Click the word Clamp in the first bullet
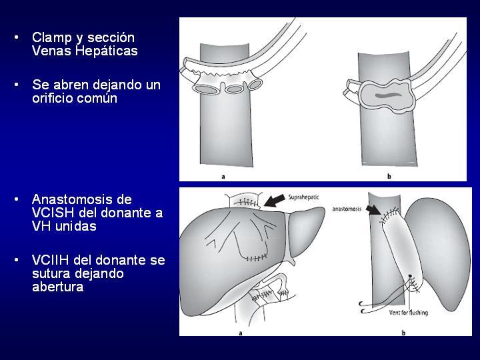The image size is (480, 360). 53,37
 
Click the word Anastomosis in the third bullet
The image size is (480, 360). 82,199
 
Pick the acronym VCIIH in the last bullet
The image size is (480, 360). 51,260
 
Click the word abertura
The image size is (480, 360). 58,287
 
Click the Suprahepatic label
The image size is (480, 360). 303,197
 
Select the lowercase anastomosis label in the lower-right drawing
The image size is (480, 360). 347,209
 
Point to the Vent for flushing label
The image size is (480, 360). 409,313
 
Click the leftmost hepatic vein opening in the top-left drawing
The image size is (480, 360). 205,89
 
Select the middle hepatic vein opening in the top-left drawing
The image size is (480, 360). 235,89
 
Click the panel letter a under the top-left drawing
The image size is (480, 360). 223,176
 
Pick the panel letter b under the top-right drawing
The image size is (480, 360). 389,176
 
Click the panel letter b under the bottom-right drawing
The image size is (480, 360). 403,333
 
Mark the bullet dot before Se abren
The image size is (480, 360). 16,84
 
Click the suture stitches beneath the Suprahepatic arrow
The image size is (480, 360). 247,203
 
